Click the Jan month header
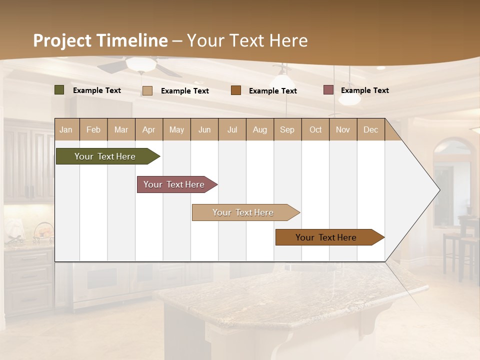pos(66,129)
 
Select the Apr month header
pos(148,129)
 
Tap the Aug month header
pos(259,129)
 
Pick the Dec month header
pos(370,129)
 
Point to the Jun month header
pos(204,129)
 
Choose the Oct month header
pos(315,129)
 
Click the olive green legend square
pos(59,90)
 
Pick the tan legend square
pos(147,90)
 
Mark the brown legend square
pos(236,90)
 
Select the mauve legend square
pos(328,90)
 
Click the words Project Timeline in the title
pos(100,40)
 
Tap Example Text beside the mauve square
pos(364,90)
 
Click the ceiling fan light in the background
pos(140,64)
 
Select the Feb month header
pos(93,129)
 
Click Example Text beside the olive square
pos(97,90)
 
